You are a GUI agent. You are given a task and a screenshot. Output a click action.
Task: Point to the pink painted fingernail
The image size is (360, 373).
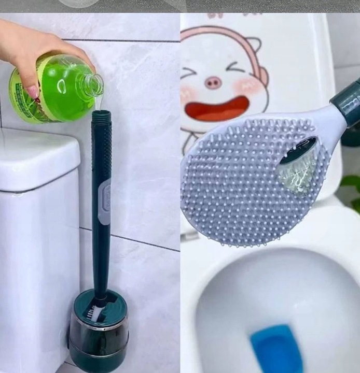(33, 92)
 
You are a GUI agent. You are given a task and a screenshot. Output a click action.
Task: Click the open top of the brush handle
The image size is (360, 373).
(101, 113)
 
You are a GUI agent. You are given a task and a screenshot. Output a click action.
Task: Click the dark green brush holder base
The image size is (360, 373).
(99, 332)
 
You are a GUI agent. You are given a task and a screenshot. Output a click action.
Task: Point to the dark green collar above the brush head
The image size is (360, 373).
(348, 104)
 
